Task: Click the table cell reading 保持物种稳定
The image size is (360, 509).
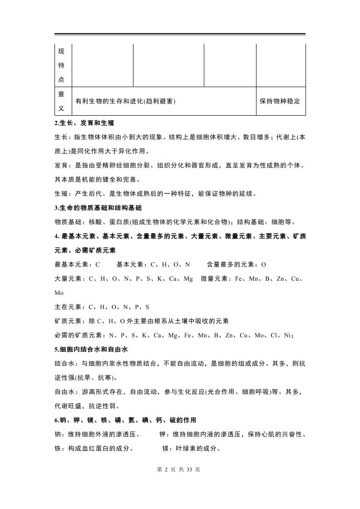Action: (280, 101)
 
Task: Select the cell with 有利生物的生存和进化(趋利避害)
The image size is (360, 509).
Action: (125, 101)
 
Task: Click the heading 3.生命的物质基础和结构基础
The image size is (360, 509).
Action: (98, 208)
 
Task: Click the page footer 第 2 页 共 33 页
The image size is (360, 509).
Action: (178, 470)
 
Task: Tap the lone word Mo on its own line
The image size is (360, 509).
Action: (59, 293)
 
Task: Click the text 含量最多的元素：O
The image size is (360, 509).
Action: (236, 264)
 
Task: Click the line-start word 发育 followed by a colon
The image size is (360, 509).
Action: (61, 166)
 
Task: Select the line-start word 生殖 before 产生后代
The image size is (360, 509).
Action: (61, 194)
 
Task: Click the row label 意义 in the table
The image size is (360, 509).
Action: (61, 101)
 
